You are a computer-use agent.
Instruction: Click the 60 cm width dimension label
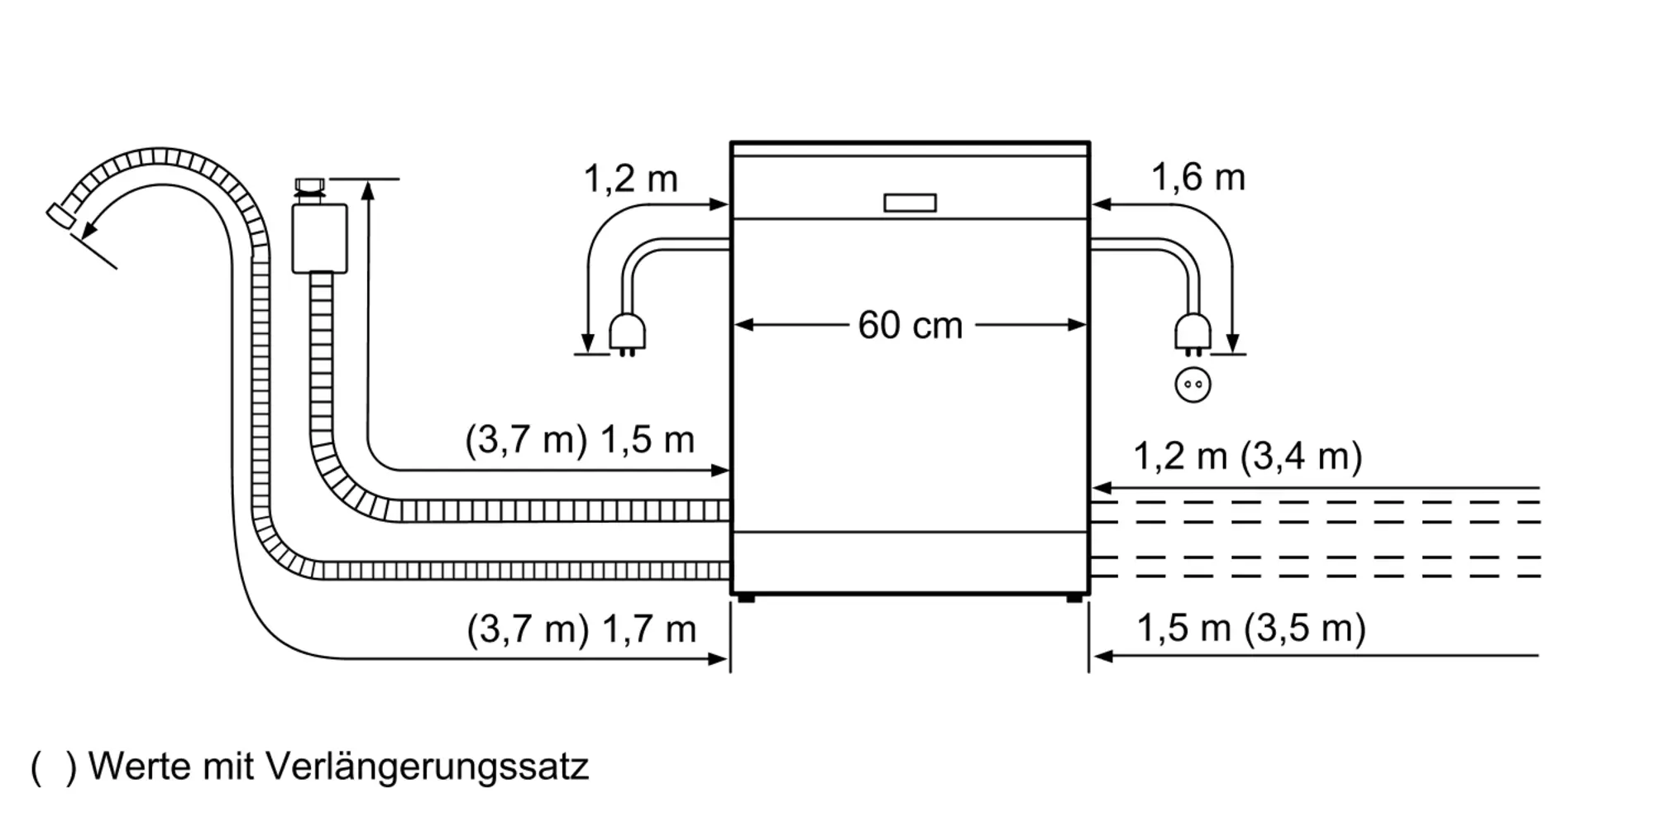[910, 325]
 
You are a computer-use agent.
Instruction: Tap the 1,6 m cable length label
[1197, 178]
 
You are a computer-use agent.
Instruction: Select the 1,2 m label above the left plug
[630, 179]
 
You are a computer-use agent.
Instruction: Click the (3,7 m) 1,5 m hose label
[580, 440]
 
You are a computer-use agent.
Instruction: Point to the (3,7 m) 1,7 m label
[581, 630]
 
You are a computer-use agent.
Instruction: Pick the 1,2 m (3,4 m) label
[1247, 457]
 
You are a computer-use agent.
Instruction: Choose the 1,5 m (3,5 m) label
[1250, 629]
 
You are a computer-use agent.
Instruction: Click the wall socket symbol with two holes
[1193, 385]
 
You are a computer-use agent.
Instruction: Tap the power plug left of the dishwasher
[627, 335]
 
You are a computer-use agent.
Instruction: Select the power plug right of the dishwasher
[1193, 335]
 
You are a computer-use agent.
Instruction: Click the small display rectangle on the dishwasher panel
[910, 203]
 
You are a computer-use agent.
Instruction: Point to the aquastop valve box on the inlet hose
[319, 238]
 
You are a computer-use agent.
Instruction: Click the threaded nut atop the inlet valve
[310, 186]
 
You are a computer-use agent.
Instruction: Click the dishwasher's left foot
[746, 598]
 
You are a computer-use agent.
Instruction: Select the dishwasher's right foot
[1073, 598]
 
